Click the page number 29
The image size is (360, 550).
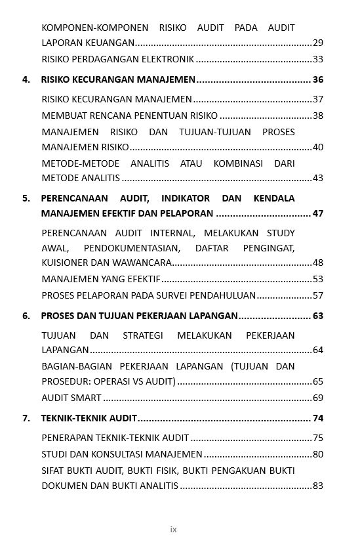[x=318, y=43]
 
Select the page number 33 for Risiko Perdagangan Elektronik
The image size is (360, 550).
[x=318, y=60]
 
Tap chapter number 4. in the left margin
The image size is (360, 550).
[x=26, y=80]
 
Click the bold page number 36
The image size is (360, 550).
[x=318, y=80]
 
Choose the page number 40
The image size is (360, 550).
[x=318, y=148]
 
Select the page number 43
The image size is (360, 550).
[x=318, y=179]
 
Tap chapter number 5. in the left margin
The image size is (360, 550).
[x=26, y=198]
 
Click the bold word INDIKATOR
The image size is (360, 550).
[x=186, y=198]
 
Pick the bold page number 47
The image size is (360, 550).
[x=318, y=214]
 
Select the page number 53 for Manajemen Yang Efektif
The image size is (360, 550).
[x=318, y=280]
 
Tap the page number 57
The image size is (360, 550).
[x=318, y=296]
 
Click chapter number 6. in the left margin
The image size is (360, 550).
[x=26, y=316]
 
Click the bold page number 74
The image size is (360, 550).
[x=318, y=419]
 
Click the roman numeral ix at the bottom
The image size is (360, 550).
[x=174, y=530]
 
